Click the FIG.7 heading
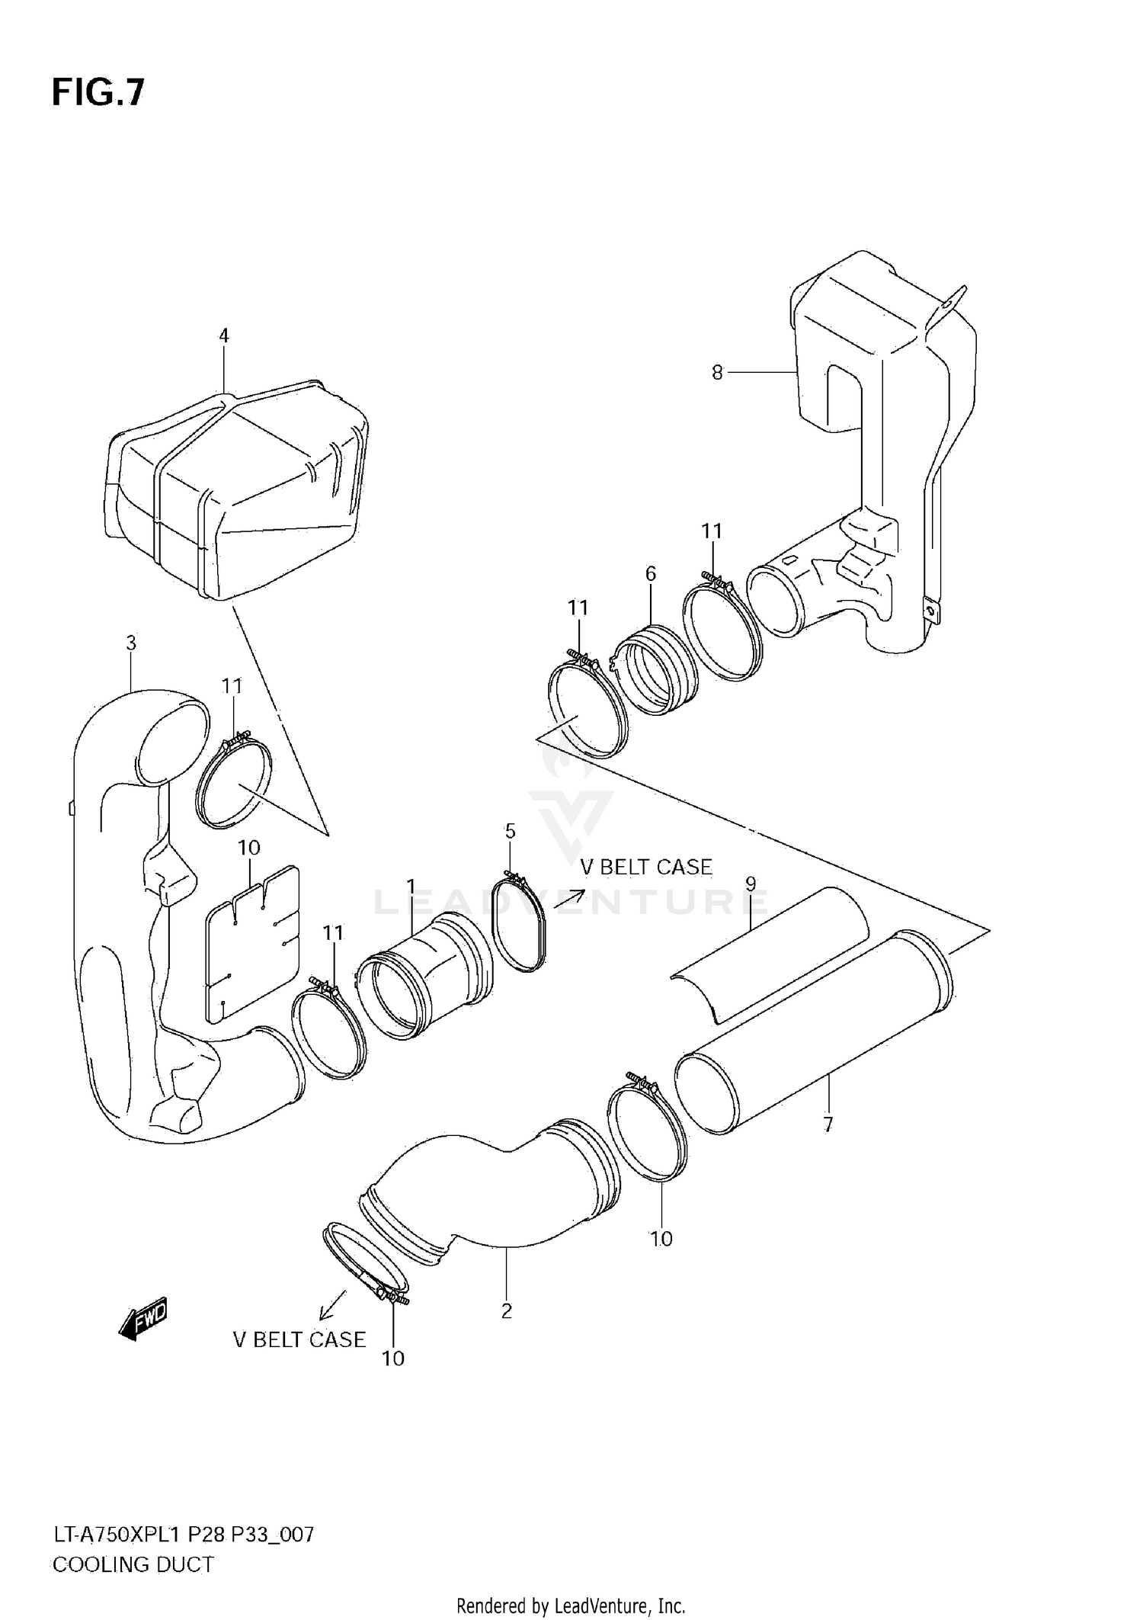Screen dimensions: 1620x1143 tap(98, 93)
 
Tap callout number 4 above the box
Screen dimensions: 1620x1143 tap(223, 335)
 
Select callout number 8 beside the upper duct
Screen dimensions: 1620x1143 tap(717, 373)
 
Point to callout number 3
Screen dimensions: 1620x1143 tap(131, 643)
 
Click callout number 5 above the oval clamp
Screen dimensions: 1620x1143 tap(510, 831)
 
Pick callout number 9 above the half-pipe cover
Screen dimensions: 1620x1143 tap(751, 884)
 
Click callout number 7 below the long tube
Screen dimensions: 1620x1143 tap(828, 1124)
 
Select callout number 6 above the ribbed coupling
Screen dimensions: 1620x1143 tap(650, 573)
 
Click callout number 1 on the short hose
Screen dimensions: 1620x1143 tap(411, 887)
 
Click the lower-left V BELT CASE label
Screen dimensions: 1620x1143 tap(299, 1339)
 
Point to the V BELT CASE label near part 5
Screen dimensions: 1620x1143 tap(646, 867)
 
